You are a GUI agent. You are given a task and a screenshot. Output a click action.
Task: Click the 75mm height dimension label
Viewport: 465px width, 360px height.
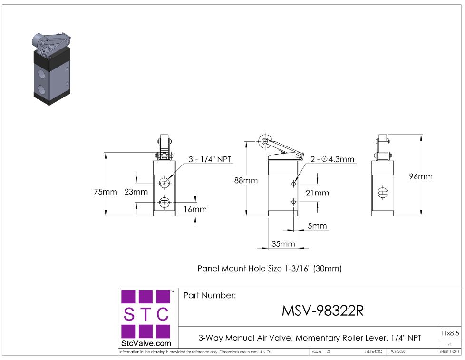click(105, 192)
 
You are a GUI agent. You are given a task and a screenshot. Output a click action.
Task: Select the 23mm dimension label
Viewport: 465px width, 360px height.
click(136, 192)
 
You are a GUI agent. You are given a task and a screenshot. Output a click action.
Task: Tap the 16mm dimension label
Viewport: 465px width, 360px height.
click(196, 209)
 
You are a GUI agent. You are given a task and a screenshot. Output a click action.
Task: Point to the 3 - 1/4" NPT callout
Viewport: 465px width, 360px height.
click(210, 159)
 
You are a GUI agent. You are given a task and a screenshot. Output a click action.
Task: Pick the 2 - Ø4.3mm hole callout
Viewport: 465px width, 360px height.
click(332, 159)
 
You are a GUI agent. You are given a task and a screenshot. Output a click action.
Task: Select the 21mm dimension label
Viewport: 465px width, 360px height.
click(317, 193)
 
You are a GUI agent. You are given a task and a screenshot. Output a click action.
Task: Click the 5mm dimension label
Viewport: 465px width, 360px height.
click(317, 226)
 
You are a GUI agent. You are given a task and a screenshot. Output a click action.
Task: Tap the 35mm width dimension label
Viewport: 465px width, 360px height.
click(283, 244)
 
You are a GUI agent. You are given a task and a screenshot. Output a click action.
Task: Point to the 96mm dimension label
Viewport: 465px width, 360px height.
click(421, 176)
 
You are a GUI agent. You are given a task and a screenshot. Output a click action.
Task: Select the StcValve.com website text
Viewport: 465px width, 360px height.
click(146, 343)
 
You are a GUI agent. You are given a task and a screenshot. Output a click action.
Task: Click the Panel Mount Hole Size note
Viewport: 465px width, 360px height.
click(270, 268)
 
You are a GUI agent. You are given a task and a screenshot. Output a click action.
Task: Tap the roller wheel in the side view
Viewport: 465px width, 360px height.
click(264, 141)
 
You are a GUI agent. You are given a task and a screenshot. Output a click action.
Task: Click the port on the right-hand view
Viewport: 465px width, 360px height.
click(383, 193)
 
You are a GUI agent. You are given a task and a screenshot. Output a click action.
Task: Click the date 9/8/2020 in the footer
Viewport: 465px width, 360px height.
click(398, 352)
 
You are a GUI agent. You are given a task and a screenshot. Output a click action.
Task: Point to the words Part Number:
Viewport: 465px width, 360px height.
click(209, 295)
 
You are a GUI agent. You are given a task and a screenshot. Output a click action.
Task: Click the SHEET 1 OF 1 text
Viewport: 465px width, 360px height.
click(449, 352)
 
